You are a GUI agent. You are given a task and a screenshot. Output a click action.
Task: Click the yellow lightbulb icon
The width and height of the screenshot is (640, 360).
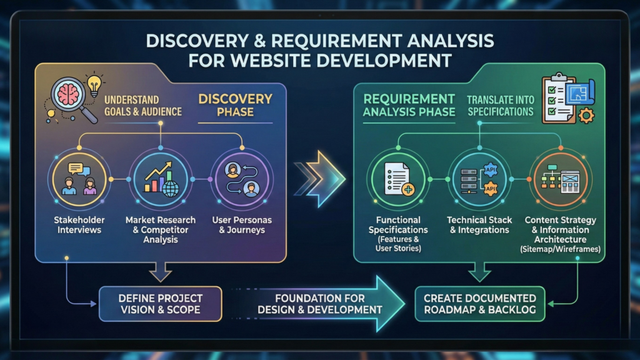(94, 85)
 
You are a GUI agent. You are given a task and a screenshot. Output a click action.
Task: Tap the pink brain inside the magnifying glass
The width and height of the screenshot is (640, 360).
(67, 95)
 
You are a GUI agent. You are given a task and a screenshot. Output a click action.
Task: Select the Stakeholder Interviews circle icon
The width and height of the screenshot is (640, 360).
(79, 179)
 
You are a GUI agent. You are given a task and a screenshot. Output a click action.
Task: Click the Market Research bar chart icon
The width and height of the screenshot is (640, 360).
(161, 179)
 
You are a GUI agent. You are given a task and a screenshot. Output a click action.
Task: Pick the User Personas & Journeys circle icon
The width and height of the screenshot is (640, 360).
(242, 179)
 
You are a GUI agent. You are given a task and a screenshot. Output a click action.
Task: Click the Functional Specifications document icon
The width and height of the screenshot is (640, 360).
(398, 179)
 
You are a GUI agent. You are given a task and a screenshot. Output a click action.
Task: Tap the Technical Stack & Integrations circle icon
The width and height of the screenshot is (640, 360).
(479, 179)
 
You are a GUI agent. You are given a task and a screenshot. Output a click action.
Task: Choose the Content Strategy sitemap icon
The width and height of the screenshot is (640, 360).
(561, 179)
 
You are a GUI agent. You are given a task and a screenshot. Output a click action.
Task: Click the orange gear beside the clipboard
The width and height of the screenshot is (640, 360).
(586, 116)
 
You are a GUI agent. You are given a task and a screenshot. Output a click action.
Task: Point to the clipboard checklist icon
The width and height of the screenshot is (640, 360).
(558, 99)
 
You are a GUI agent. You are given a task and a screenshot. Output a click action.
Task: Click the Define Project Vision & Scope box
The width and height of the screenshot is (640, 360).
(161, 304)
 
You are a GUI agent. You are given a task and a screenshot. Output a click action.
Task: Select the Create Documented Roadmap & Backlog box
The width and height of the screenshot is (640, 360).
(480, 304)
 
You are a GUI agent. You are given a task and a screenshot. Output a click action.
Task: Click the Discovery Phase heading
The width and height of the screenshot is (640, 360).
(235, 105)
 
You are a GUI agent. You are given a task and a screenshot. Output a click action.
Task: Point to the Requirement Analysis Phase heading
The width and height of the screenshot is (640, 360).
(409, 105)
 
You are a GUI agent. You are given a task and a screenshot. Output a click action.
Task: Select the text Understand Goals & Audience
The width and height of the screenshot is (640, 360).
(143, 106)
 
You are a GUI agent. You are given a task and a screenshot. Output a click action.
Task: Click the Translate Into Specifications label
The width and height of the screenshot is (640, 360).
(501, 106)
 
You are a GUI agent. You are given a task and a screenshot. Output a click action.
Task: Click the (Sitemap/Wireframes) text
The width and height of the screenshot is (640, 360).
(561, 249)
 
